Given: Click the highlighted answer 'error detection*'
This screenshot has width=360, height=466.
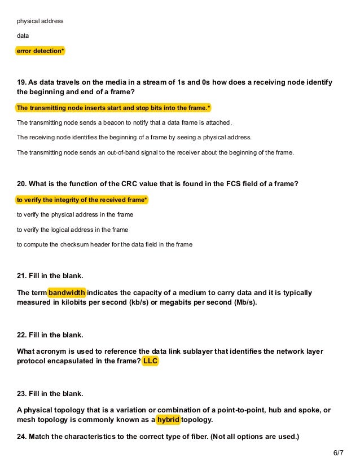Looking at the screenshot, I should pos(41,51).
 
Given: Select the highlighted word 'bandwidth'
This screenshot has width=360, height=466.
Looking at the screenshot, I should pos(67,293).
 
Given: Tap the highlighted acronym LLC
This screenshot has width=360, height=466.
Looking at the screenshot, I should pos(150,361).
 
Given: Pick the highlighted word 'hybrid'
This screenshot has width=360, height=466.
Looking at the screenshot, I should pos(168,420).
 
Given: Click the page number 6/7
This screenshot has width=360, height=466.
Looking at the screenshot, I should pos(338,453).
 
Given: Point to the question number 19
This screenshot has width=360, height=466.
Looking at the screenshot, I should pos(21,82).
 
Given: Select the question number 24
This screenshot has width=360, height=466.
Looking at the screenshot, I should pos(21,436).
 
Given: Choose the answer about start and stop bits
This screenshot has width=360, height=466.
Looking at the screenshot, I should pos(113,108).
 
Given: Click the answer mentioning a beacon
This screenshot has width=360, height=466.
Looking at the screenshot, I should pos(124,122).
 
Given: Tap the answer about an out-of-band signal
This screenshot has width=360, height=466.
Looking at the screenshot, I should pos(155,152).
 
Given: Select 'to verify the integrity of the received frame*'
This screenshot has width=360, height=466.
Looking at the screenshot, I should pos(82,200).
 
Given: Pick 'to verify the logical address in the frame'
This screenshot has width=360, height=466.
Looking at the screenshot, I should pos(72,230).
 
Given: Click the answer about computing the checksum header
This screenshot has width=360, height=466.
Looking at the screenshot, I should pos(104,244).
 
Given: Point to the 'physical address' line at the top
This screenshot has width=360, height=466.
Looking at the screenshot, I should pos(40,21).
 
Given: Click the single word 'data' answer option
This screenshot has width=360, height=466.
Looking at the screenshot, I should pos(23,36).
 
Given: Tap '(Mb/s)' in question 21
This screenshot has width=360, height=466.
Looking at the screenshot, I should pos(244,302).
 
